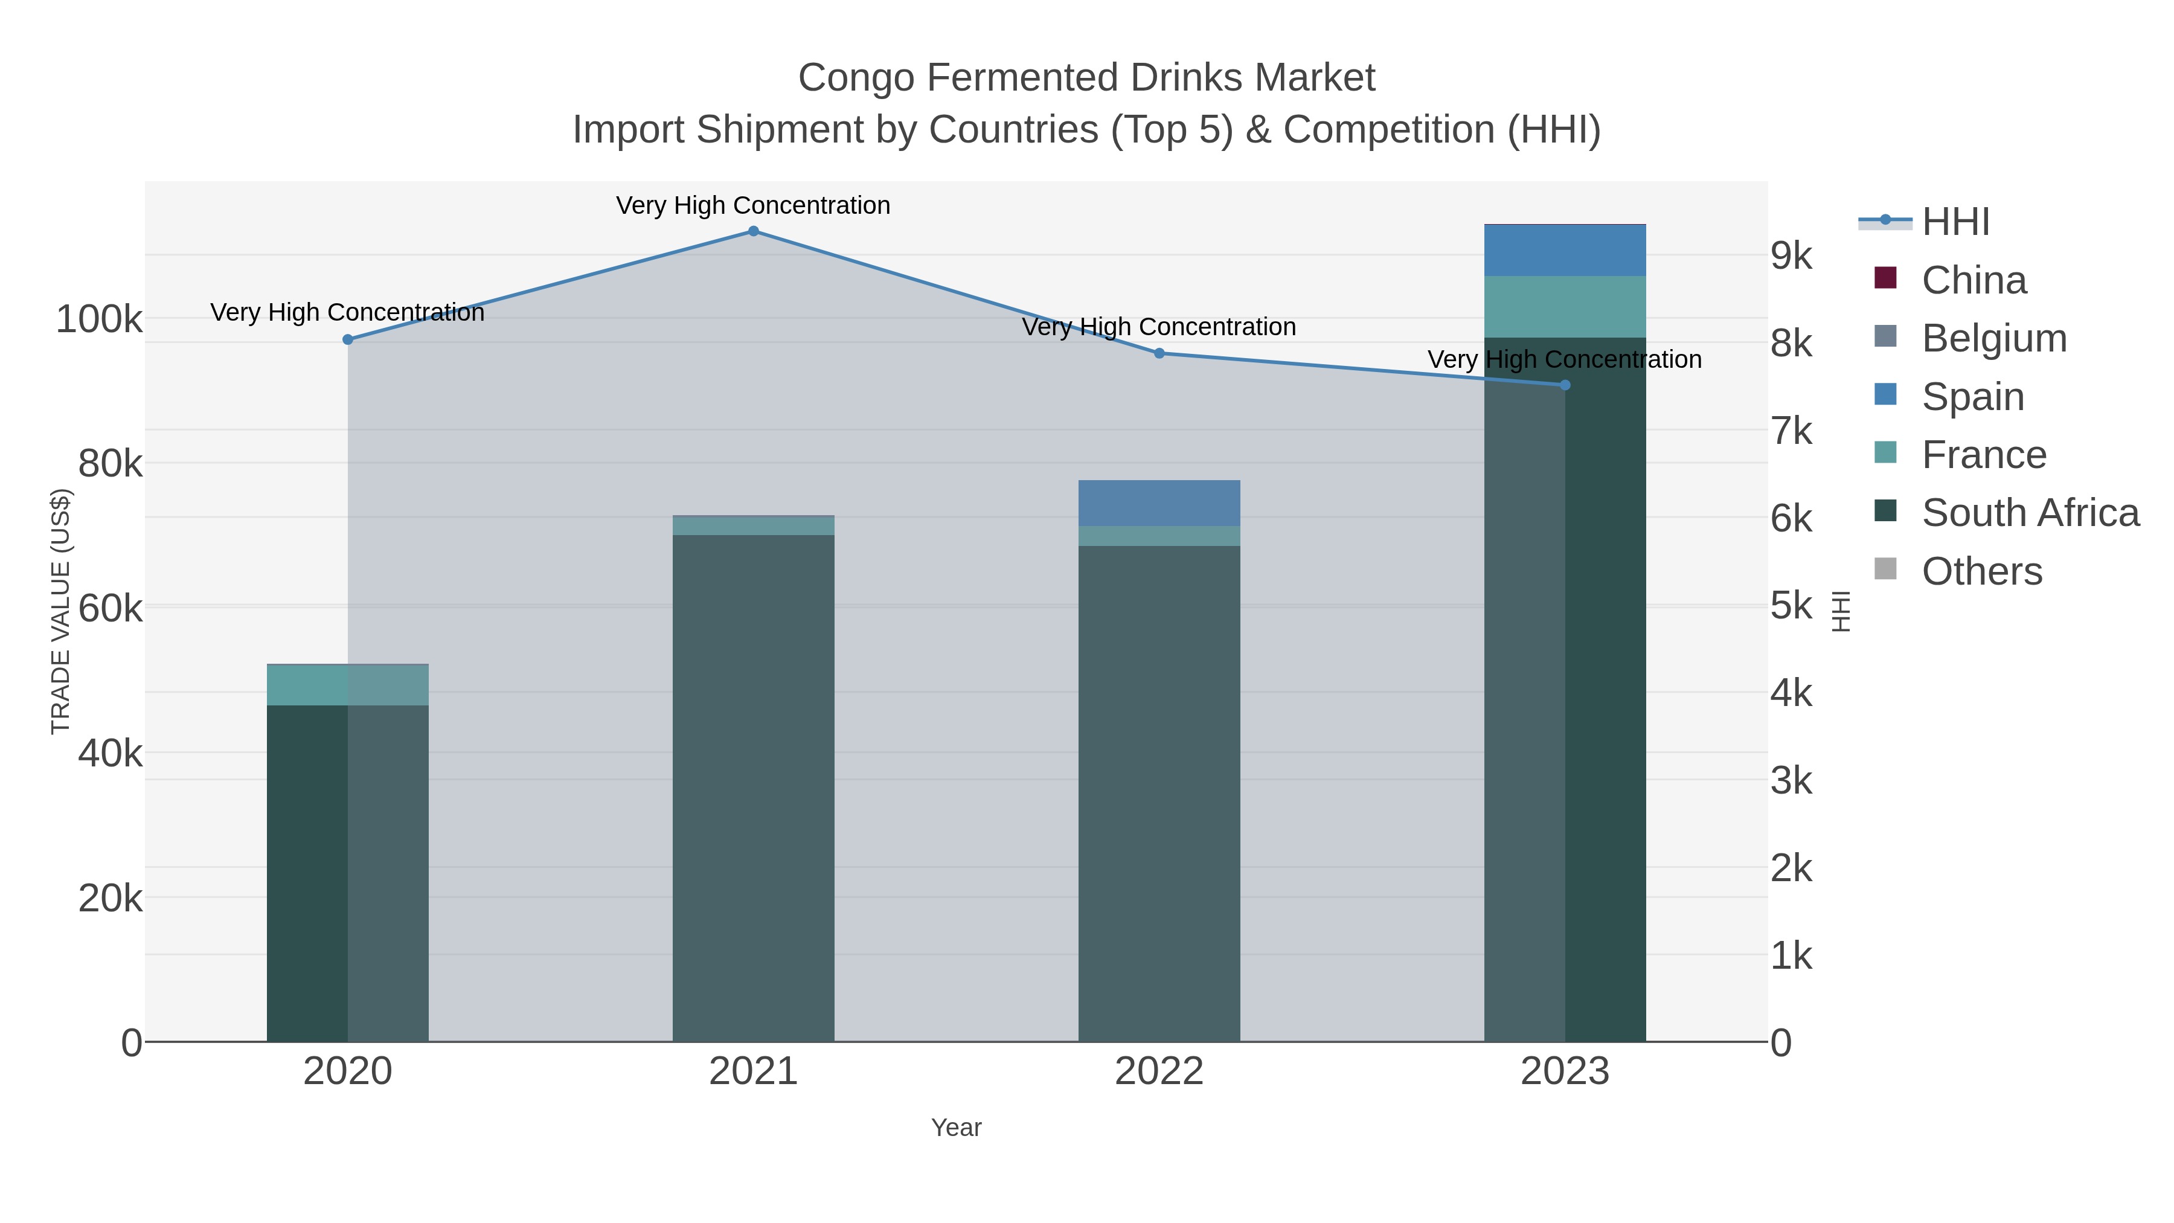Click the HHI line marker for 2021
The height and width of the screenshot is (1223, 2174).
click(x=753, y=231)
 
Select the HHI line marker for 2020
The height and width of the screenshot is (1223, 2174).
click(x=348, y=339)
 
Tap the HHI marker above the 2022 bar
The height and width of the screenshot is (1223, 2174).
click(x=1159, y=354)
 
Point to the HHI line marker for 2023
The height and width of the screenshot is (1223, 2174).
click(x=1565, y=385)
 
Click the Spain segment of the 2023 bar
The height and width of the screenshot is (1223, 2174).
click(x=1565, y=251)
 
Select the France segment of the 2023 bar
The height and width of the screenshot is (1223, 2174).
click(x=1565, y=306)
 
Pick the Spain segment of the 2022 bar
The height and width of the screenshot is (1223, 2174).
click(x=1159, y=503)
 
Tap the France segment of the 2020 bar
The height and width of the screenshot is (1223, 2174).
click(x=348, y=685)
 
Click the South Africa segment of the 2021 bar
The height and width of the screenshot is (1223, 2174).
click(x=753, y=785)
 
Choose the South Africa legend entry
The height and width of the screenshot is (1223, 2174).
click(x=2030, y=513)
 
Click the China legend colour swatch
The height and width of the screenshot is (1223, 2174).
click(x=1885, y=278)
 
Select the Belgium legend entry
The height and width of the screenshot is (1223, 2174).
click(x=1993, y=338)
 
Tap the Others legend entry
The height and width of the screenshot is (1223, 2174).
click(x=1981, y=571)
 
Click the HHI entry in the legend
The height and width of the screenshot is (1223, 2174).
click(x=1955, y=222)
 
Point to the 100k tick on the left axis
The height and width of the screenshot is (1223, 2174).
click(x=100, y=320)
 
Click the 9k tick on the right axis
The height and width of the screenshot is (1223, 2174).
click(x=1791, y=255)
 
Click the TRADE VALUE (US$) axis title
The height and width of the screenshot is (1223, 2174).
click(x=61, y=611)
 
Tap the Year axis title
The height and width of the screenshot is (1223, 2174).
click(x=955, y=1128)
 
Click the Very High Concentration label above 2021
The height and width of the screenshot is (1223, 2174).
click(x=753, y=206)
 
